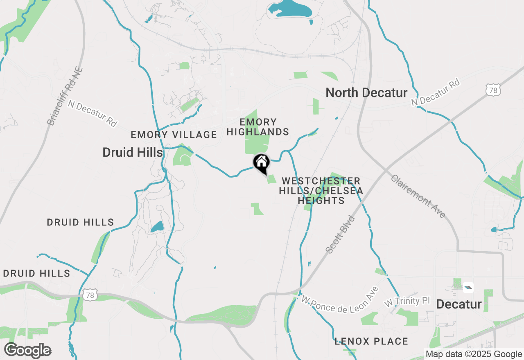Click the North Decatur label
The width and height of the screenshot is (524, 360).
[366, 93]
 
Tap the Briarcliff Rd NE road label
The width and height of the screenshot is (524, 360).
[65, 97]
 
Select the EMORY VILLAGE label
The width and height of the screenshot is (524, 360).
[174, 135]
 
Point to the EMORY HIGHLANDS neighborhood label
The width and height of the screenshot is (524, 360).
[258, 127]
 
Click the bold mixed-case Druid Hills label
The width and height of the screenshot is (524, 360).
[133, 153]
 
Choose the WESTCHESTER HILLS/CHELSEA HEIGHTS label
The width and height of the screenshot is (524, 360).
[321, 191]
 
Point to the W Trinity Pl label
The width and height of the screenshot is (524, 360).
[407, 302]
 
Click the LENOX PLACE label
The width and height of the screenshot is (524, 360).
[371, 341]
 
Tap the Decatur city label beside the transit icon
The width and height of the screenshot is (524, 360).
[458, 304]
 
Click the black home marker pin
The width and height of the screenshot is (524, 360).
[261, 163]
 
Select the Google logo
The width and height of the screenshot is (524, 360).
[27, 351]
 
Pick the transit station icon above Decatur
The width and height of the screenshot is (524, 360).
[468, 288]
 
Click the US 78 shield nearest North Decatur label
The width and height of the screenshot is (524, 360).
[494, 90]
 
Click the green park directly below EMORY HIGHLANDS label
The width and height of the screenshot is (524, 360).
[257, 143]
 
